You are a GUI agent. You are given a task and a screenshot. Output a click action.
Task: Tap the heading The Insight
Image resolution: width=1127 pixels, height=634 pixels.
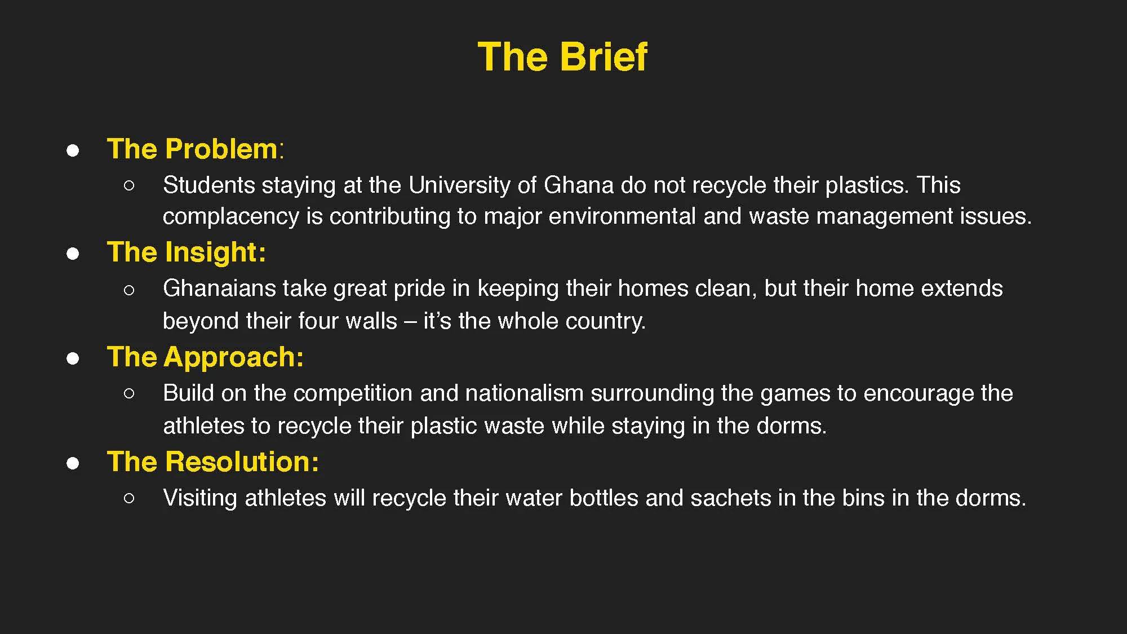coord(186,252)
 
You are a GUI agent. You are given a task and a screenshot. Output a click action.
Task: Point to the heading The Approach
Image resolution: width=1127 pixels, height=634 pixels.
coord(205,357)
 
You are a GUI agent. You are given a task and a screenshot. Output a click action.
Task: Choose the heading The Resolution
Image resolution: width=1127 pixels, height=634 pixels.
coord(212,462)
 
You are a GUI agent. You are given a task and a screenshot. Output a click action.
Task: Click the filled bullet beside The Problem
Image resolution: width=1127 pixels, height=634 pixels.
coord(73,150)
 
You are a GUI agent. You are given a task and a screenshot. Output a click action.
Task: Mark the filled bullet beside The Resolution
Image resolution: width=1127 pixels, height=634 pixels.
coord(73,463)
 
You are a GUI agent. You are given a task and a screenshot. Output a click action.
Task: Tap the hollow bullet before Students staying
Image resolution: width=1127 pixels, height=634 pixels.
coord(129,185)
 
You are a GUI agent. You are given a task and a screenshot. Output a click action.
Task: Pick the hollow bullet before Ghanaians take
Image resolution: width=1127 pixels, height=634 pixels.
coord(129,290)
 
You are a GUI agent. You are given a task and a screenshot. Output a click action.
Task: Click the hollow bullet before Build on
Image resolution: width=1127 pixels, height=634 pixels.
coord(129,393)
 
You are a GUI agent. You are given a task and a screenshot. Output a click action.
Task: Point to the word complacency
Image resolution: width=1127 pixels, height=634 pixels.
coord(230,216)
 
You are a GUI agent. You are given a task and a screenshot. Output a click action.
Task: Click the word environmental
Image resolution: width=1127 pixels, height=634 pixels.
coord(622,216)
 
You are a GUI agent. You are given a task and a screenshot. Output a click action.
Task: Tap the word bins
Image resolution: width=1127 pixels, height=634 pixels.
coord(863,498)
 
